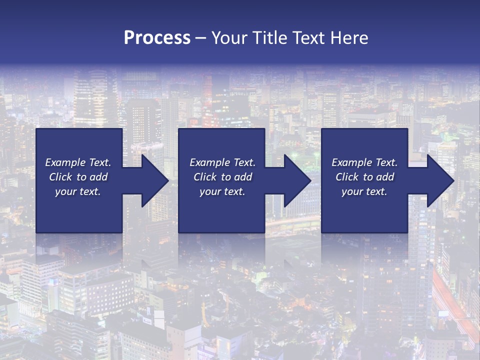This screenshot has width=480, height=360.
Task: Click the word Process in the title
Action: [157, 37]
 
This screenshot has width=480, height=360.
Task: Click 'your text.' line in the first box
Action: [78, 191]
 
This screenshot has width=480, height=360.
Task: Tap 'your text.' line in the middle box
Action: [222, 191]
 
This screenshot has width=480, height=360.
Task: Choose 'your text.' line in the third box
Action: [364, 191]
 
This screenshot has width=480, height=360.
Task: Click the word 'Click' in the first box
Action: [60, 177]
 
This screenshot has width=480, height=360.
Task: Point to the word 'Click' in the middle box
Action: [205, 177]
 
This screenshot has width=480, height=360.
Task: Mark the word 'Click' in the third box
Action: [347, 177]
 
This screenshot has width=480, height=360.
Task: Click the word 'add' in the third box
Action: [385, 177]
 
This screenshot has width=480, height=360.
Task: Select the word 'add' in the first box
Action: [98, 177]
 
